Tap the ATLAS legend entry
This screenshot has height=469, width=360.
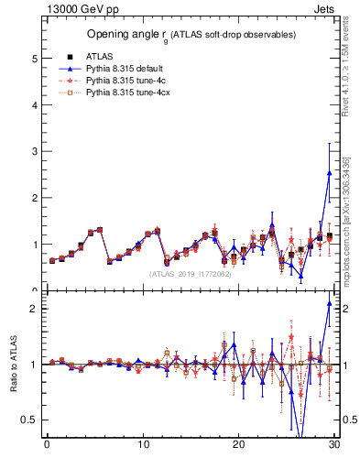pos(113,57)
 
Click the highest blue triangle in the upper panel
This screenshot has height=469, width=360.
pos(329,172)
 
